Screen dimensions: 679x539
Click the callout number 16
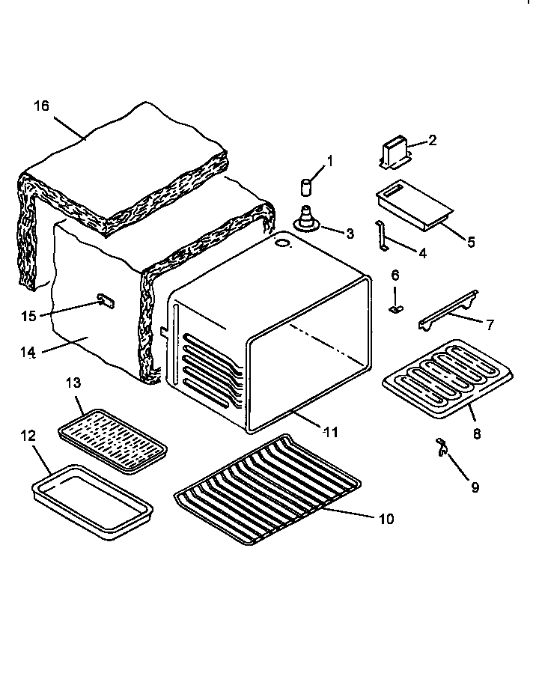tap(41, 106)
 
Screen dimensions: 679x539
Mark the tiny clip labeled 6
tap(448, 310)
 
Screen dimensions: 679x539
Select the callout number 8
tap(470, 242)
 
